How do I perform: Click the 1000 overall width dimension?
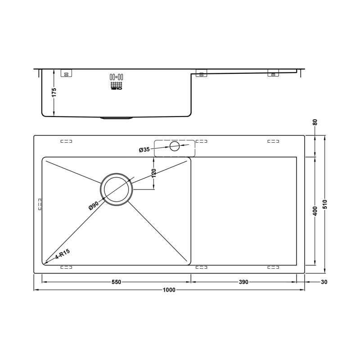(x=169, y=290)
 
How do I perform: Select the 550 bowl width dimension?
(x=116, y=282)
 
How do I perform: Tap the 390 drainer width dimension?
(x=243, y=282)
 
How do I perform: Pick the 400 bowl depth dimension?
(x=315, y=211)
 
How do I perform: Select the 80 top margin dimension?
(x=315, y=122)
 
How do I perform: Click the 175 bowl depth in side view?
(x=54, y=93)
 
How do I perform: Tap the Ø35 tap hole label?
(x=144, y=149)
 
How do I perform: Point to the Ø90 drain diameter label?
(x=94, y=205)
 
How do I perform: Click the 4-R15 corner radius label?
(x=62, y=256)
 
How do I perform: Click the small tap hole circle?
(x=175, y=146)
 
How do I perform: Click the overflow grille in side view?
(x=116, y=82)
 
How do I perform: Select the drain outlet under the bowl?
(x=117, y=118)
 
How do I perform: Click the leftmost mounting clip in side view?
(x=66, y=74)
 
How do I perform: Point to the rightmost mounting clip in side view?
(x=273, y=74)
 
